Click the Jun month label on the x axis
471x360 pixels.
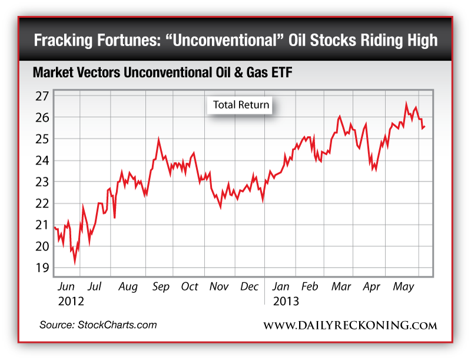coord(66,287)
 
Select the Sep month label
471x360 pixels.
coord(161,287)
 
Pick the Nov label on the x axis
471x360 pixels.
coord(219,287)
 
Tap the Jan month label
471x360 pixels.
coord(281,287)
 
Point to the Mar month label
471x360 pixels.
coord(341,287)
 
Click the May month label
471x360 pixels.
coord(403,287)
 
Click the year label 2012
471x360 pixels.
coord(71,300)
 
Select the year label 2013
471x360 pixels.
coord(286,300)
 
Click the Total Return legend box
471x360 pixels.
coord(241,105)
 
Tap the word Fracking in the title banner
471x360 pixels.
coord(64,41)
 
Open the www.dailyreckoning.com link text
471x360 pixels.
coord(350,326)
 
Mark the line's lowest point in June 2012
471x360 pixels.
coord(75,262)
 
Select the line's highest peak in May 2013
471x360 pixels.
coord(406,103)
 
